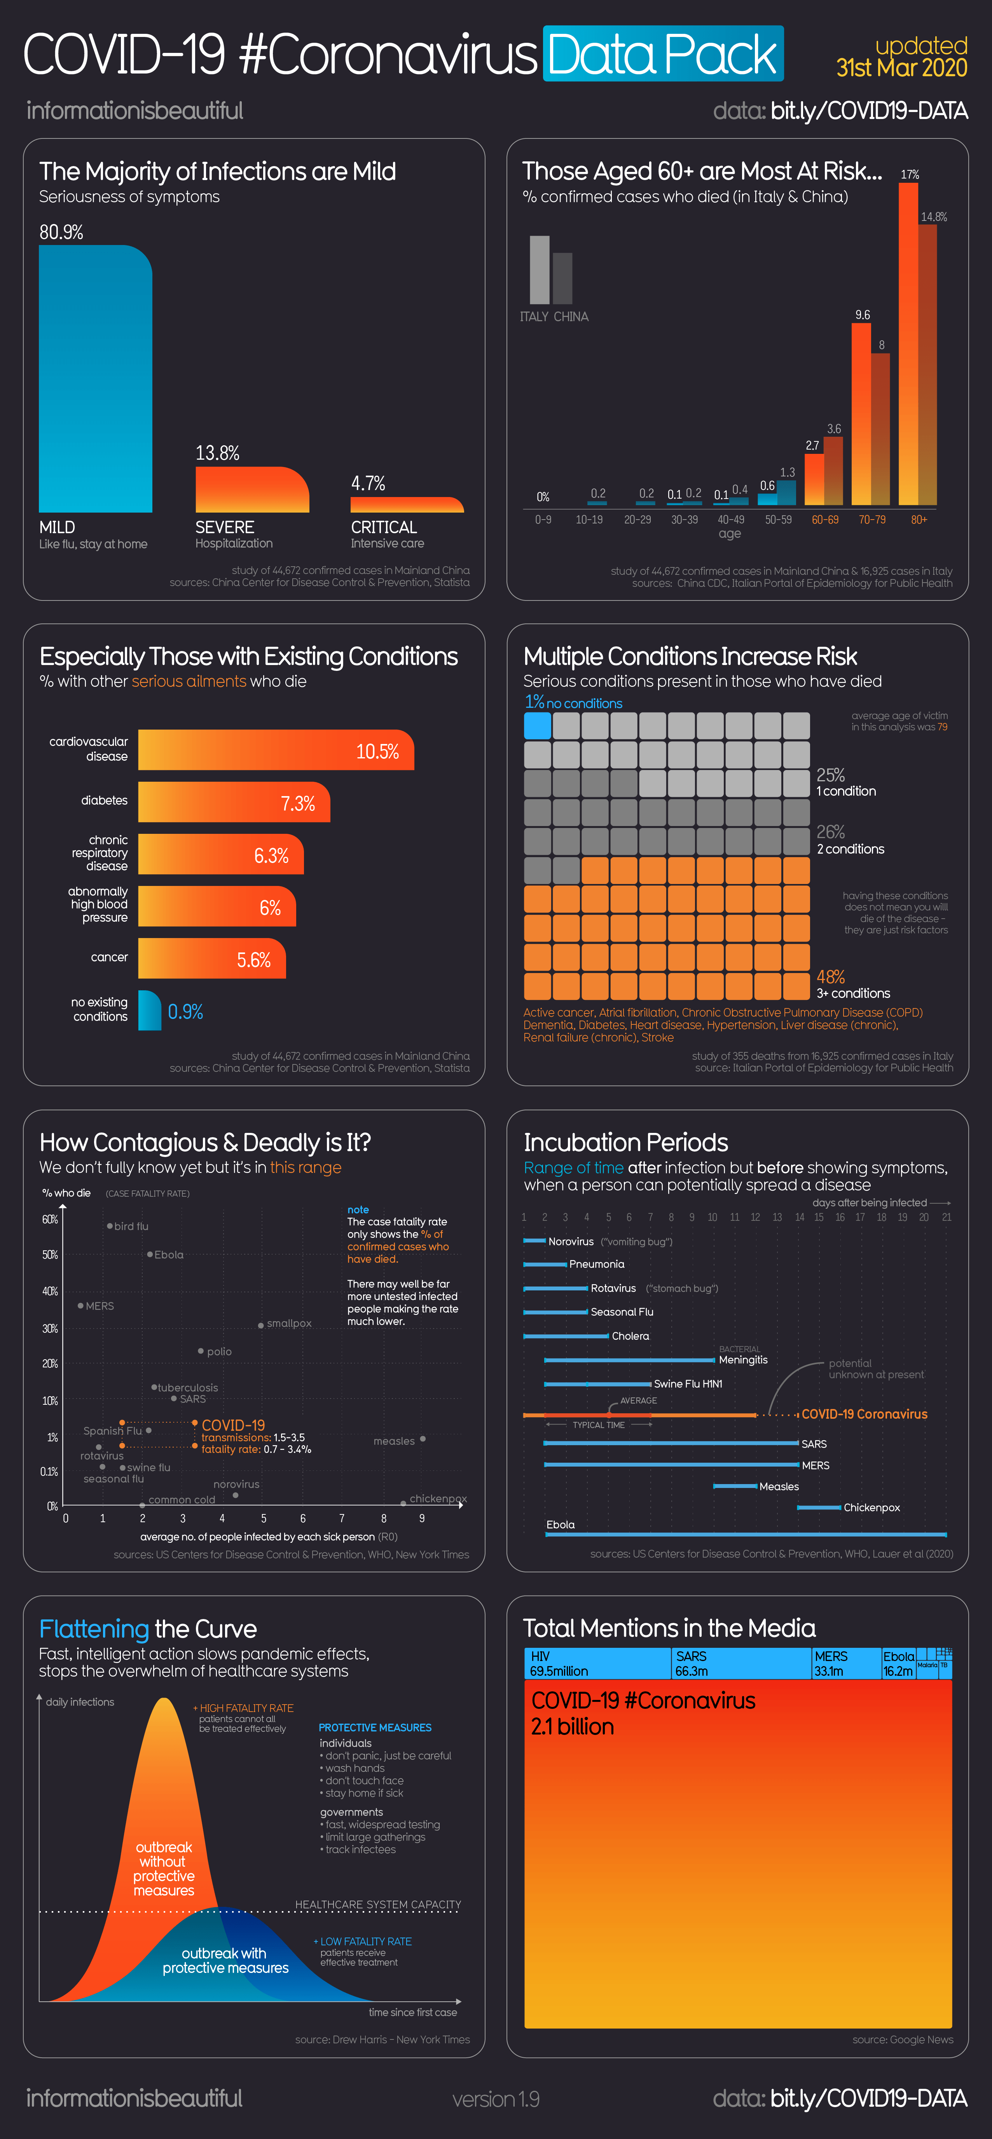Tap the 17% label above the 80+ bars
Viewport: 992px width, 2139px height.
click(x=910, y=174)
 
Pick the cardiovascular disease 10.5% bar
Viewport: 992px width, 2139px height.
click(x=276, y=751)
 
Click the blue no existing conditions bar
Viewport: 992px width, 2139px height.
click(x=149, y=1010)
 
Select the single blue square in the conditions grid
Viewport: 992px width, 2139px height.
click(x=537, y=726)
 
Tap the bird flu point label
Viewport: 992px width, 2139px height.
click(x=131, y=1227)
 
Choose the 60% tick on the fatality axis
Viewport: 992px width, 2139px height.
click(x=50, y=1220)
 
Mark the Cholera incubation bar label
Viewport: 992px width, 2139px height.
click(x=630, y=1336)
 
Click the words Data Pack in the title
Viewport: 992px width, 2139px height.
click(x=662, y=55)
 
